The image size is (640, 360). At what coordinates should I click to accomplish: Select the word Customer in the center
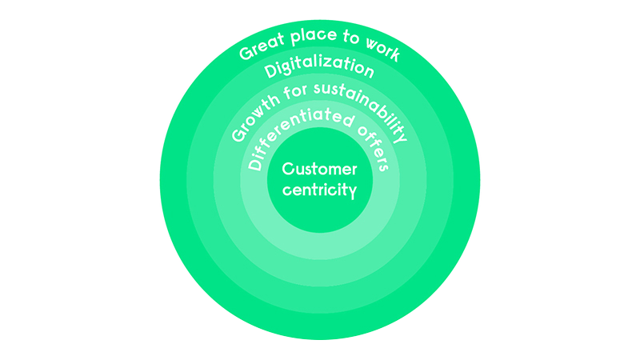pyautogui.click(x=320, y=170)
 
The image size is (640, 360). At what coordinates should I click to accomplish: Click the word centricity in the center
pyautogui.click(x=320, y=192)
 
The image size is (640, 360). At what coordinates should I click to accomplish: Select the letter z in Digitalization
pyautogui.click(x=337, y=65)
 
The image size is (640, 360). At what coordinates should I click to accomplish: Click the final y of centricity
pyautogui.click(x=349, y=194)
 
